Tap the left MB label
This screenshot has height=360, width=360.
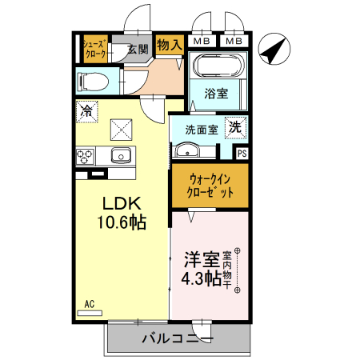pos(202,40)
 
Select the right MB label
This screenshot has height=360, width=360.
pos(234,40)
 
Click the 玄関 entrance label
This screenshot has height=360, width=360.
pos(138,50)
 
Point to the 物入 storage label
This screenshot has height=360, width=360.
pos(169,45)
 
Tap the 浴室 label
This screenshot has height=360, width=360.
pos(216,94)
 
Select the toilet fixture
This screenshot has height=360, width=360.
pos(91,81)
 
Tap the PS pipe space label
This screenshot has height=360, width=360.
pos(242,153)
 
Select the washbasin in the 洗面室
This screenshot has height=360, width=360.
pos(188,150)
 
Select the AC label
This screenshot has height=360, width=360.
pos(90,304)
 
